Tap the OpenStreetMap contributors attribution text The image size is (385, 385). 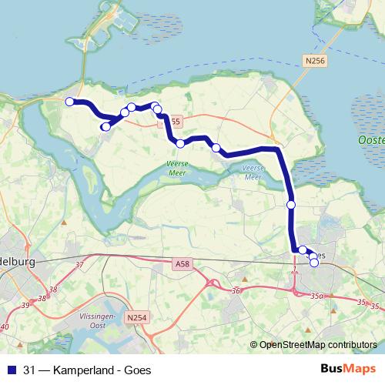317,345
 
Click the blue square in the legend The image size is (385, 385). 12,370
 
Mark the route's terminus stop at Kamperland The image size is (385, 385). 69,102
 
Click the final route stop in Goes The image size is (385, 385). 314,263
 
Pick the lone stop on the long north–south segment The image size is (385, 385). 291,205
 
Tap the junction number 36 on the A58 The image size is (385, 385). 236,290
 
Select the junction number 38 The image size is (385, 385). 53,290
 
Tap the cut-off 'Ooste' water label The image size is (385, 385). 371,141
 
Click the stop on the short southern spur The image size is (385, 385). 106,126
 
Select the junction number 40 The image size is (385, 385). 5,327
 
